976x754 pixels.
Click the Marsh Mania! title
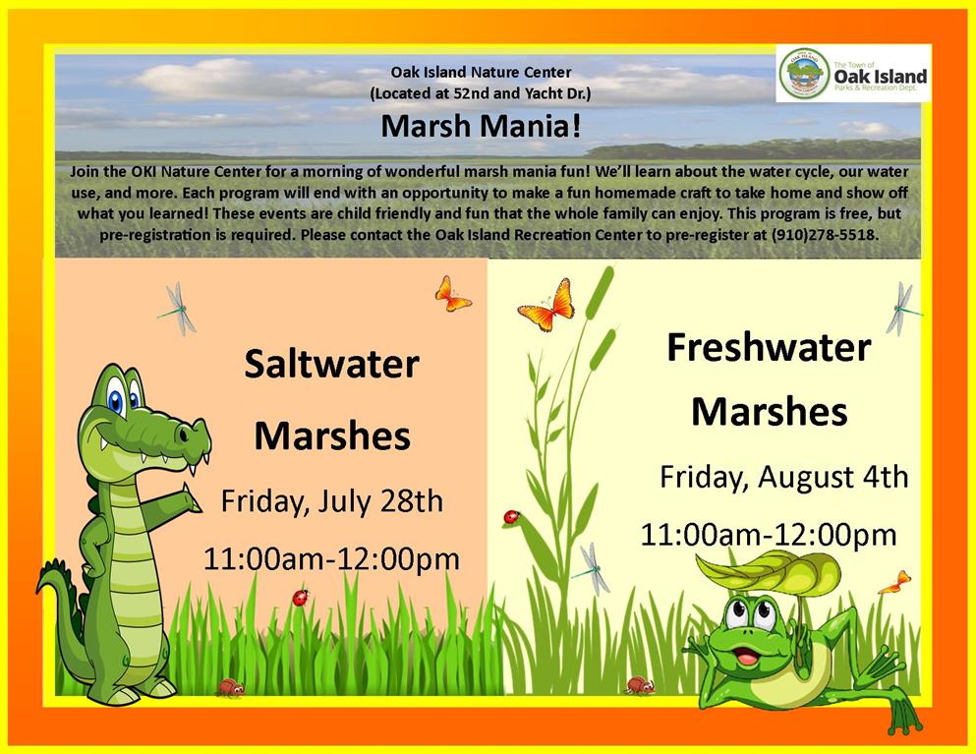pyautogui.click(x=482, y=127)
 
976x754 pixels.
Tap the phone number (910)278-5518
pyautogui.click(x=825, y=235)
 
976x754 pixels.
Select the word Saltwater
pyautogui.click(x=331, y=365)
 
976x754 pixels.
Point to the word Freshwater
pyautogui.click(x=769, y=347)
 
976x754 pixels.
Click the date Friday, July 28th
pyautogui.click(x=332, y=501)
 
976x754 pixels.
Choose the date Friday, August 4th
pyautogui.click(x=783, y=478)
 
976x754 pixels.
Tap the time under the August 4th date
pyautogui.click(x=769, y=535)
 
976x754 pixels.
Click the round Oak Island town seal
pyautogui.click(x=804, y=74)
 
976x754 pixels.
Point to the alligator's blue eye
pyautogui.click(x=116, y=397)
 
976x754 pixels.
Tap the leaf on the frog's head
pyautogui.click(x=768, y=571)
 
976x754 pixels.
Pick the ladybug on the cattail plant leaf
pyautogui.click(x=512, y=517)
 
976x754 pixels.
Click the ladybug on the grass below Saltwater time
pyautogui.click(x=301, y=598)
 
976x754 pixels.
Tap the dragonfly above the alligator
pyautogui.click(x=179, y=309)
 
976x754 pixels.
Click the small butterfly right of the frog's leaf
pyautogui.click(x=895, y=582)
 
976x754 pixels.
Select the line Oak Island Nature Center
pyautogui.click(x=481, y=72)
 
